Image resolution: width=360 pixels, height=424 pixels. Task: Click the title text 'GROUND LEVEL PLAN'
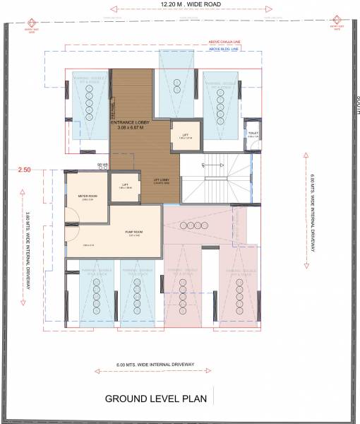click(155, 398)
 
